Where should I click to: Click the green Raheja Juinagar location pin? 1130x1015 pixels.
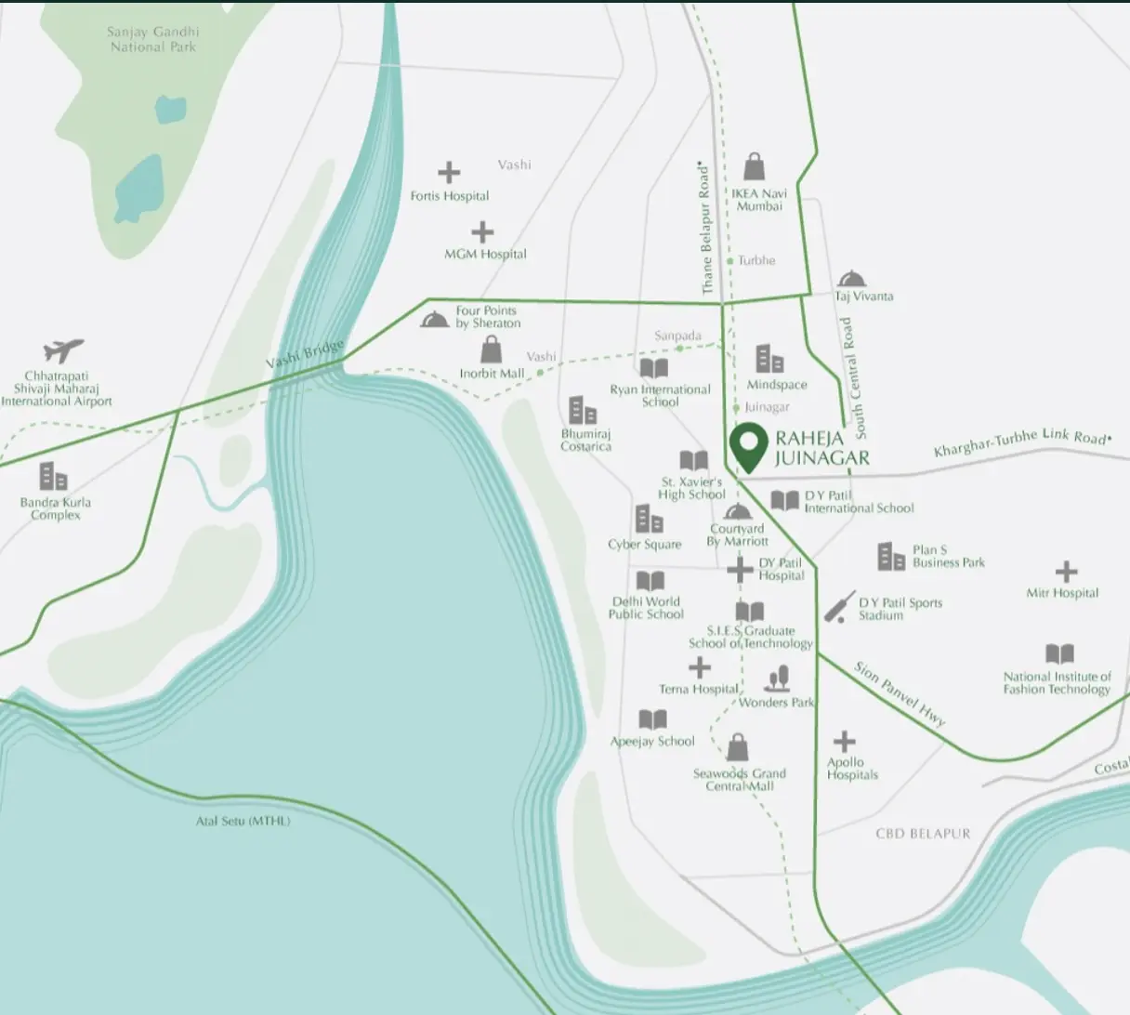point(748,444)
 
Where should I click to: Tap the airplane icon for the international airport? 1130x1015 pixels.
point(63,350)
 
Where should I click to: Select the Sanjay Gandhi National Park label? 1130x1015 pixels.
point(153,39)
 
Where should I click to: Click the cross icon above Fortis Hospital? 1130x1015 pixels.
point(449,172)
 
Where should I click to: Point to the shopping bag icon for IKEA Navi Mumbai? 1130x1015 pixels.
point(755,167)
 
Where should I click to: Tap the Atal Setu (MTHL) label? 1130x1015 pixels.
point(243,821)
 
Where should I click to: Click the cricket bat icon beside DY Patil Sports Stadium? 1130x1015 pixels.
point(839,607)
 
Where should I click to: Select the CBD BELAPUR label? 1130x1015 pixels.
point(923,834)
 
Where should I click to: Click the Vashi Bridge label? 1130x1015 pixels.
point(305,354)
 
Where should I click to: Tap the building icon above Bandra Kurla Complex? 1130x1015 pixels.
point(54,477)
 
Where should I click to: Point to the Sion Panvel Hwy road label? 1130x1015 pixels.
point(900,693)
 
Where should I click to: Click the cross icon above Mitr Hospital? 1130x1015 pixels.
point(1066,571)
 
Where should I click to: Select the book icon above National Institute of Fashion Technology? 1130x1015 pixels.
point(1059,653)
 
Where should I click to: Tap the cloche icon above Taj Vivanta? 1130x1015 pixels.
point(851,279)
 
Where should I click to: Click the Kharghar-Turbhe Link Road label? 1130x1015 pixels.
point(1020,442)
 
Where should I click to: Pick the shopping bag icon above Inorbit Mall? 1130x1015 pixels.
point(491,349)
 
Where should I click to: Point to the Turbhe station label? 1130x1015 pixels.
point(756,260)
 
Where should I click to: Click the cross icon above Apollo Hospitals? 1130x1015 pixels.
point(844,741)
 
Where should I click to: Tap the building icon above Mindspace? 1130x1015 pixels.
point(769,359)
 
